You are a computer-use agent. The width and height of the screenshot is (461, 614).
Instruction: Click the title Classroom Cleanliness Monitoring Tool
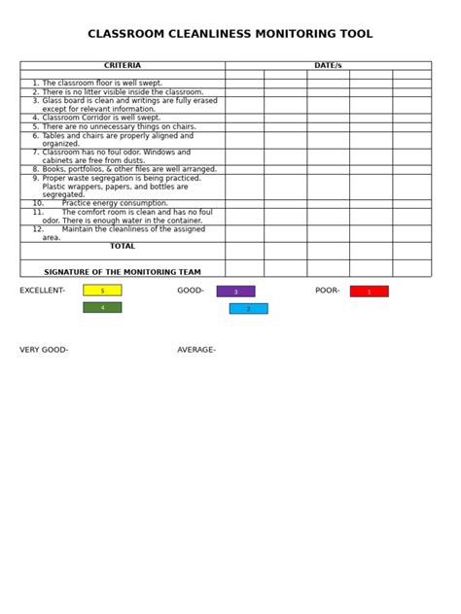pyautogui.click(x=230, y=34)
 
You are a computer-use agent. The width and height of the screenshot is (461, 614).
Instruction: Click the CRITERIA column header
pyautogui.click(x=123, y=66)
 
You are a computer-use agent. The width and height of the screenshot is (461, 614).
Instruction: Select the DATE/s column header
pyautogui.click(x=328, y=66)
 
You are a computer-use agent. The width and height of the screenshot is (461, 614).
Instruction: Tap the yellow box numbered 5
pyautogui.click(x=102, y=290)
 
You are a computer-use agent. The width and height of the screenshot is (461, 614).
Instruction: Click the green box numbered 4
pyautogui.click(x=102, y=308)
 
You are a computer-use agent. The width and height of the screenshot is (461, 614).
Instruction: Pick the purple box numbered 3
pyautogui.click(x=235, y=291)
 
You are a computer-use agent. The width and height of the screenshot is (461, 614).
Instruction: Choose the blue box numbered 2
pyautogui.click(x=248, y=309)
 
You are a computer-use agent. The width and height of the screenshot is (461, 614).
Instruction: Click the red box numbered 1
pyautogui.click(x=369, y=291)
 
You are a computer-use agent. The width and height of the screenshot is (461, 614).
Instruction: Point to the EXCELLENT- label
pyautogui.click(x=43, y=290)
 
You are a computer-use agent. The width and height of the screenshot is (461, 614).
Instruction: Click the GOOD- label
pyautogui.click(x=191, y=290)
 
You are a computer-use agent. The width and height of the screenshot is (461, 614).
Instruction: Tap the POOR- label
pyautogui.click(x=328, y=290)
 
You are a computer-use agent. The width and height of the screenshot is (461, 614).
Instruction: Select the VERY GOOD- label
pyautogui.click(x=44, y=350)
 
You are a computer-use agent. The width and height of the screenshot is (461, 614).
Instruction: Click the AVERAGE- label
pyautogui.click(x=196, y=350)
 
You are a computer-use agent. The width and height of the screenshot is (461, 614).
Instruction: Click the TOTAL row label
pyautogui.click(x=123, y=247)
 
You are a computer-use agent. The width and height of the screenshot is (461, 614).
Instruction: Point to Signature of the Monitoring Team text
pyautogui.click(x=123, y=272)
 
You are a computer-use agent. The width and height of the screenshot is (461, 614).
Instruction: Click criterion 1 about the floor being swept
pyautogui.click(x=101, y=84)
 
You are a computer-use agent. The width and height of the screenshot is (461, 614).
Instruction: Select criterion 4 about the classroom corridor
pyautogui.click(x=101, y=118)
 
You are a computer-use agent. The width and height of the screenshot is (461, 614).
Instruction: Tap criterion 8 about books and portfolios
pyautogui.click(x=124, y=169)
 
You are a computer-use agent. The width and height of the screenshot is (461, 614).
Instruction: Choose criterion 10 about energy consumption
pyautogui.click(x=114, y=203)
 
